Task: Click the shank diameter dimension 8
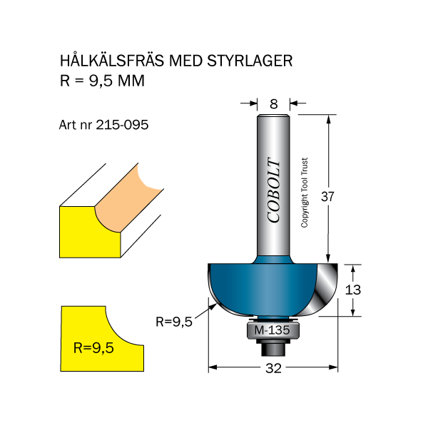click(273, 104)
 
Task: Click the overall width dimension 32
click(272, 369)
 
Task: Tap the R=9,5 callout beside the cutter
click(173, 322)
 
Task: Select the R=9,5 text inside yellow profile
click(93, 349)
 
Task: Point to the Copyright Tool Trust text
click(305, 193)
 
